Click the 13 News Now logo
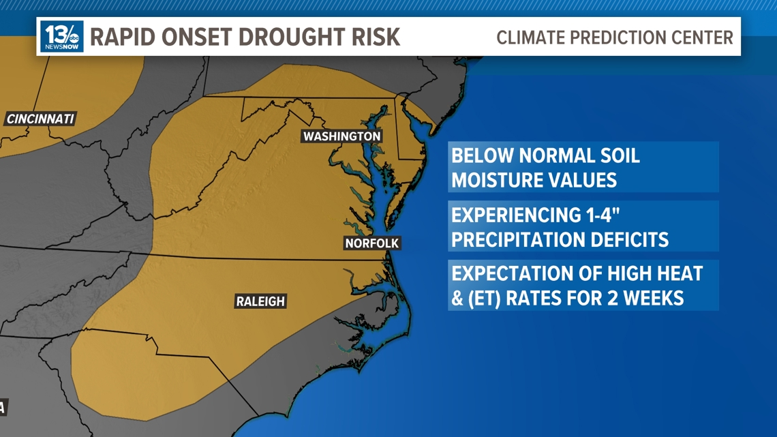(x=62, y=37)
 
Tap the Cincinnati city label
(x=40, y=119)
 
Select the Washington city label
(x=341, y=136)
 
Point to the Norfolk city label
(x=371, y=243)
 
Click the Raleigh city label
(x=260, y=301)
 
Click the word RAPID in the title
(x=119, y=37)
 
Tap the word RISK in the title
(x=377, y=37)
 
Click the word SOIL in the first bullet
(x=618, y=155)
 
